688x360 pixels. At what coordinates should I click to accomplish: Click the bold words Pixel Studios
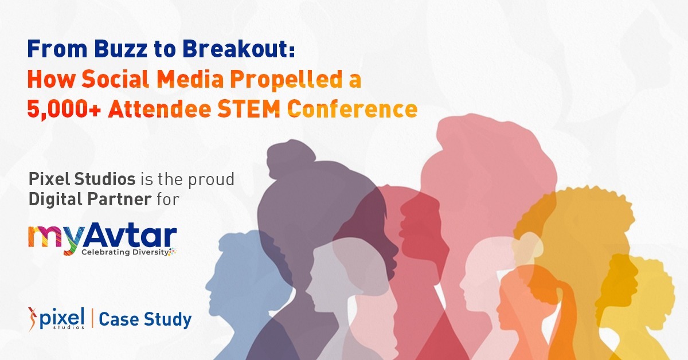pyautogui.click(x=81, y=179)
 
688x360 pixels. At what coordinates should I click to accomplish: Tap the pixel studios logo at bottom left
pyautogui.click(x=56, y=319)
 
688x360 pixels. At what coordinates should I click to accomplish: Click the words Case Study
pyautogui.click(x=145, y=319)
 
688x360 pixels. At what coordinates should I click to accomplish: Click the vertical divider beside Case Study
pyautogui.click(x=92, y=319)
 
